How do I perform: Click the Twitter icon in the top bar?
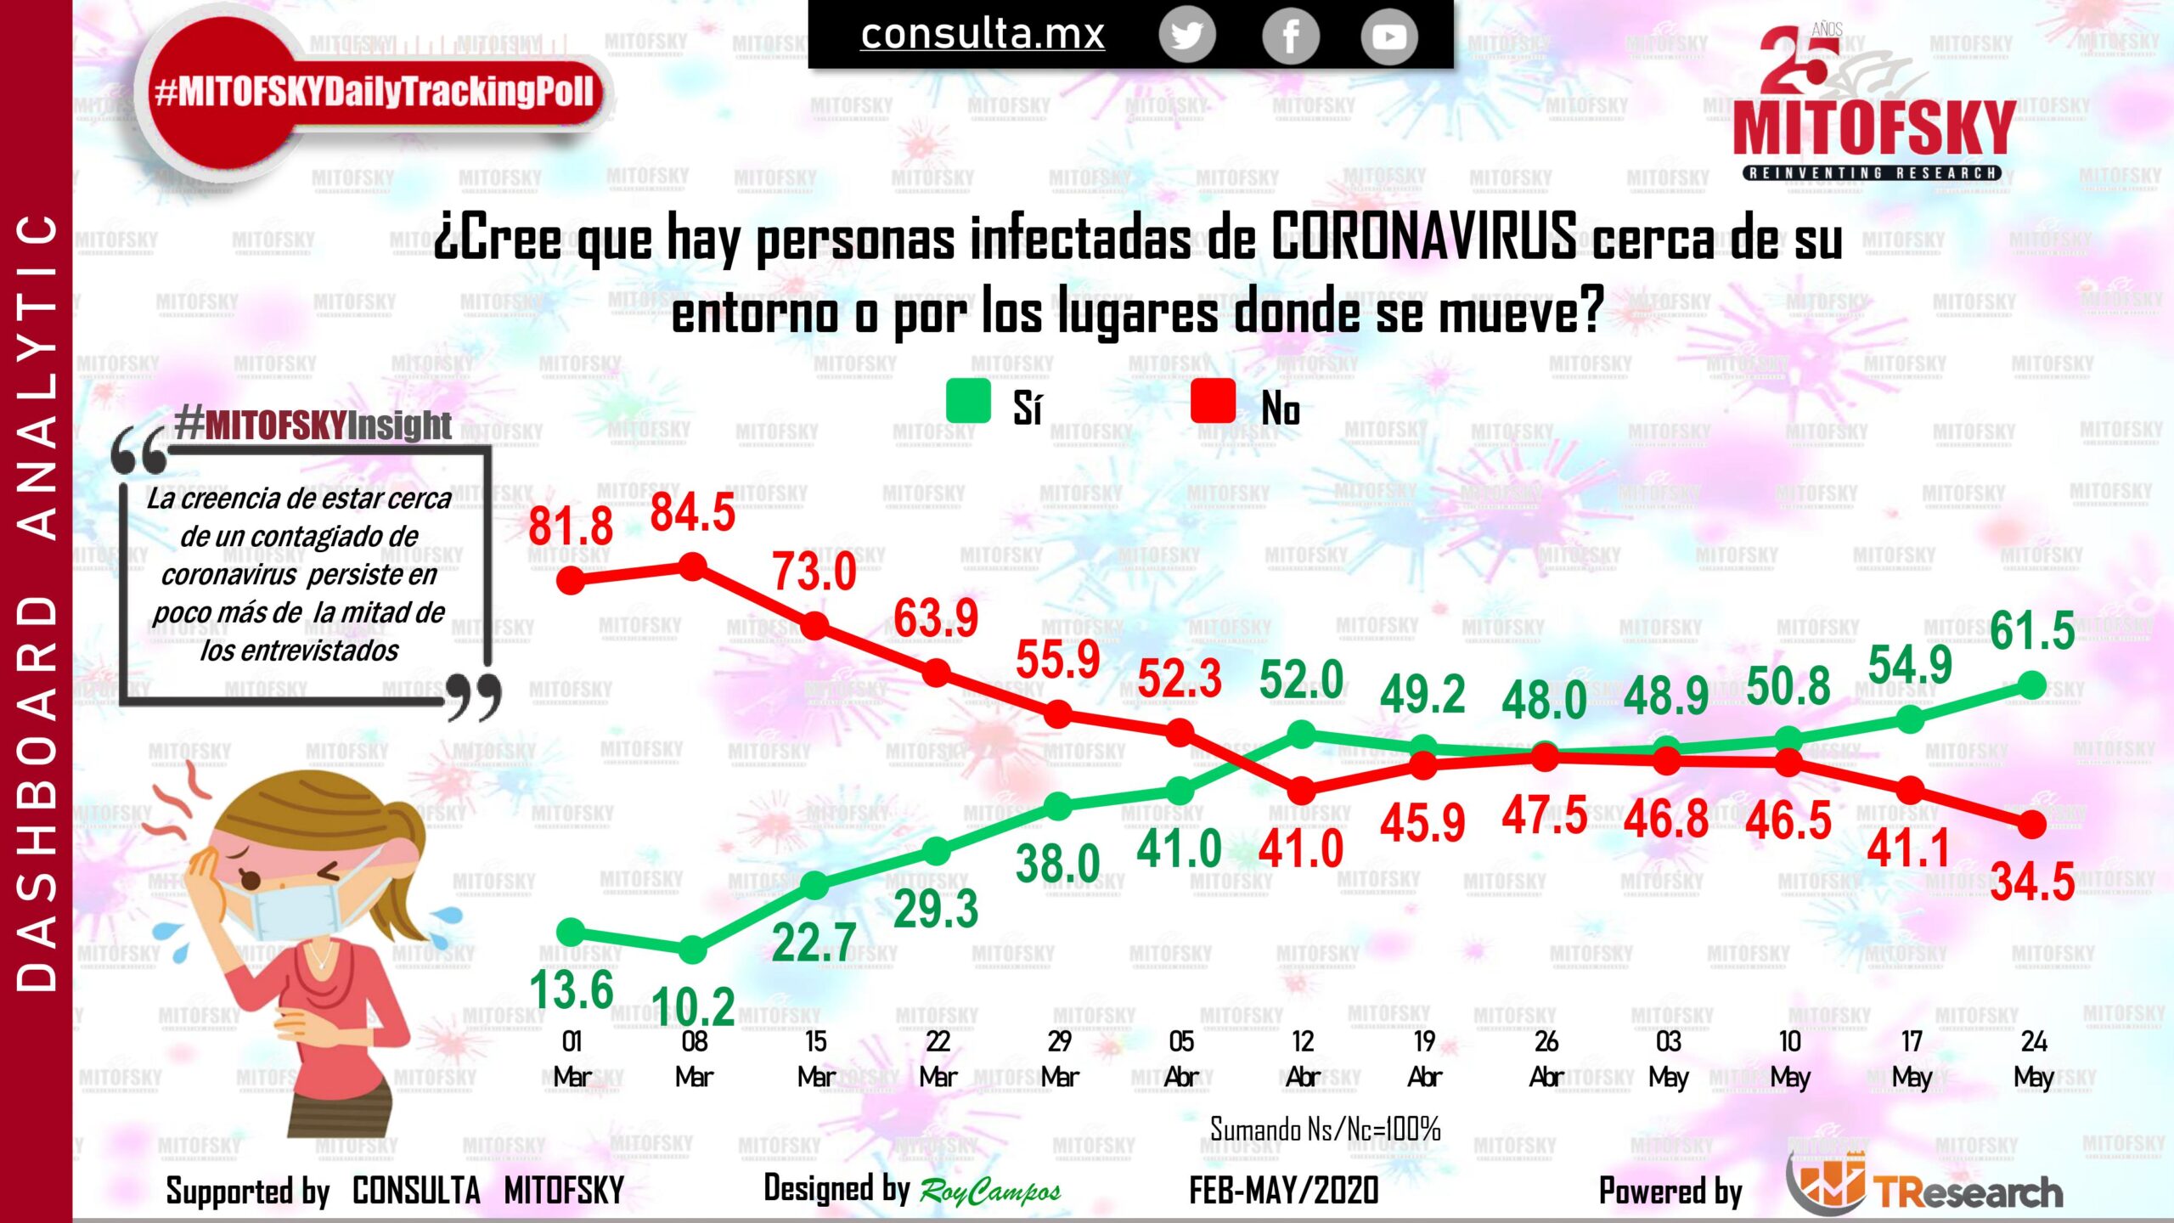coord(1186,37)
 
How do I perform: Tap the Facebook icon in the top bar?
coord(1290,37)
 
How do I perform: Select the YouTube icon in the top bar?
coord(1388,37)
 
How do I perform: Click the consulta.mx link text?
coord(983,34)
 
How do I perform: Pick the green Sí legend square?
coord(968,401)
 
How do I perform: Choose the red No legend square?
coord(1213,401)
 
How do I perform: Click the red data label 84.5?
coord(692,513)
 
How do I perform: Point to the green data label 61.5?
coord(2032,630)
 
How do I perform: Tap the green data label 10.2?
coord(693,1007)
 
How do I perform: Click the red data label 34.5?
coord(2032,882)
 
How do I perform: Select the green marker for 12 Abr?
coord(1302,734)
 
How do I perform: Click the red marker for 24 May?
coord(2032,824)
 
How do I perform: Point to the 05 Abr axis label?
coord(1181,1059)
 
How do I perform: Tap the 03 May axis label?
coord(1669,1059)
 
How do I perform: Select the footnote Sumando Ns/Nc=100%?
coord(1325,1130)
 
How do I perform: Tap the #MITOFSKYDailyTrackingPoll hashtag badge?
coord(374,92)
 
